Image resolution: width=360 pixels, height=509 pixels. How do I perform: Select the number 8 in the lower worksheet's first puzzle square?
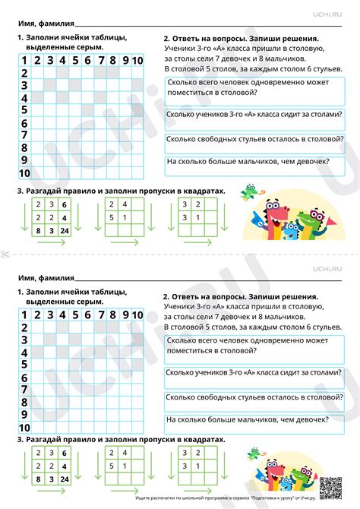(x=38, y=480)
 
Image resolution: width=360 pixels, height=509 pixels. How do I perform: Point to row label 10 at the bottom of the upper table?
(x=24, y=172)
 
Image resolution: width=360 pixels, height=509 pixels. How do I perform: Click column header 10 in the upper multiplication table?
(x=137, y=60)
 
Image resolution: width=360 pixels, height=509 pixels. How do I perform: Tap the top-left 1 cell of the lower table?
(x=24, y=315)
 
